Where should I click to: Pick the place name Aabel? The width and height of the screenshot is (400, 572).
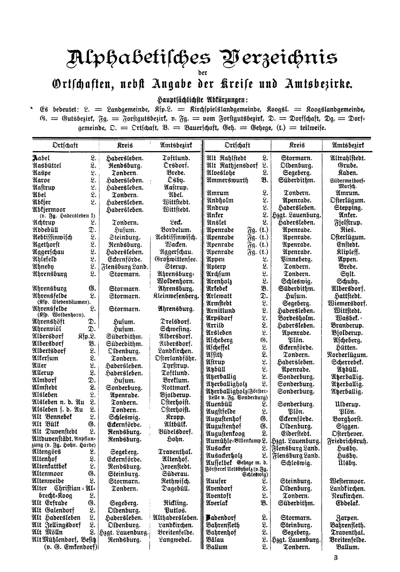(41, 158)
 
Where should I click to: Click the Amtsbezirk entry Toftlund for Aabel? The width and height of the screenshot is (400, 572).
(176, 158)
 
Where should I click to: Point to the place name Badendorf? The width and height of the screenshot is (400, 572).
(222, 517)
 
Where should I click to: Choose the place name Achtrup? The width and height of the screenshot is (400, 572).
(44, 223)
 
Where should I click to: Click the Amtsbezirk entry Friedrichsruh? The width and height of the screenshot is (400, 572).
(347, 441)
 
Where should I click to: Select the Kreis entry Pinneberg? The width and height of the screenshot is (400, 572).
(296, 259)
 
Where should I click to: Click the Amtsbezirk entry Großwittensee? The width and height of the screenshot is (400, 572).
(176, 259)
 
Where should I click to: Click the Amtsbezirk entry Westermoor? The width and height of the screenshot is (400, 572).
(347, 481)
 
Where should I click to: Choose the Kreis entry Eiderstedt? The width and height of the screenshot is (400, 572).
(296, 434)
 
